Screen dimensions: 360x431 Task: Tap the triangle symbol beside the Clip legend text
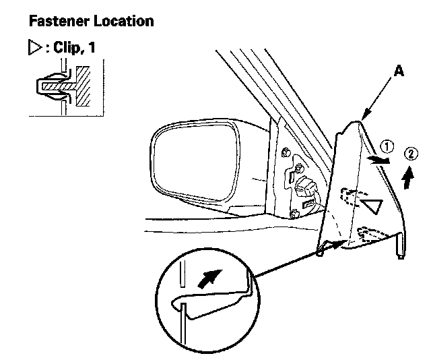tap(34, 50)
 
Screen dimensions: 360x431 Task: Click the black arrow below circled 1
tap(379, 159)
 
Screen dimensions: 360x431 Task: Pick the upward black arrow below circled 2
tap(405, 177)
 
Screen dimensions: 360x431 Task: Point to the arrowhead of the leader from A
tap(363, 118)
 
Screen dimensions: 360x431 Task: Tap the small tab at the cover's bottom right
tap(402, 248)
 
